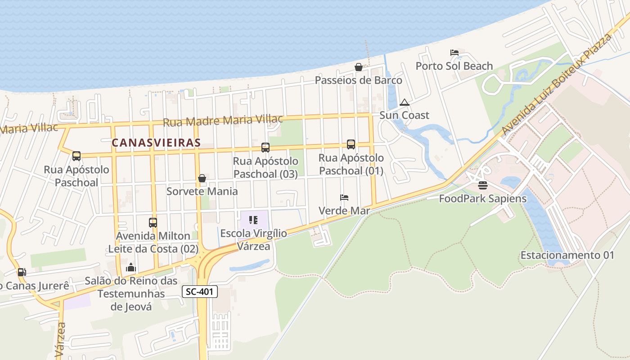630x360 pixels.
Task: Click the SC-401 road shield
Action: click(x=200, y=292)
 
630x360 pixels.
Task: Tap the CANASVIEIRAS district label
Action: click(x=156, y=143)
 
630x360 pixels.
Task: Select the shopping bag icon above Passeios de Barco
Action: click(x=359, y=67)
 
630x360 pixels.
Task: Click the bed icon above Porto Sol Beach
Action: click(x=454, y=53)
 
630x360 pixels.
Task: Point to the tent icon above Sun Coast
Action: click(x=405, y=102)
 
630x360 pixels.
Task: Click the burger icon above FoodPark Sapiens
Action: click(x=483, y=185)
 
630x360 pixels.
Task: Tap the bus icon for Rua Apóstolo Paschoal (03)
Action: click(x=265, y=148)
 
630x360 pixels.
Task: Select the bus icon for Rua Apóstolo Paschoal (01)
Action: click(x=351, y=144)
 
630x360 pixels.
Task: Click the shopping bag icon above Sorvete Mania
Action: click(x=202, y=178)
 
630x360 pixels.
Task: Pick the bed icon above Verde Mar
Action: click(x=344, y=198)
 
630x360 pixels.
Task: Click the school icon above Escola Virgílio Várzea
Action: click(x=253, y=220)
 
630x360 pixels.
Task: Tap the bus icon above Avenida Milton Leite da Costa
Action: click(x=153, y=223)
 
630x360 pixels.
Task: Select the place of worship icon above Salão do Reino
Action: click(x=131, y=267)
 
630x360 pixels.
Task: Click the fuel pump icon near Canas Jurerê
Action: click(x=22, y=272)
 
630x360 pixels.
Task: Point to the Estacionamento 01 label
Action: click(x=567, y=255)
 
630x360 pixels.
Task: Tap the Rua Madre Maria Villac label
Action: click(x=223, y=120)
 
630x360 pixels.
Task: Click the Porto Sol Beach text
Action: click(x=454, y=66)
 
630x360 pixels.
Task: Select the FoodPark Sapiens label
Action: click(x=482, y=198)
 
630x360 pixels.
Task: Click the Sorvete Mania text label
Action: click(x=202, y=191)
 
